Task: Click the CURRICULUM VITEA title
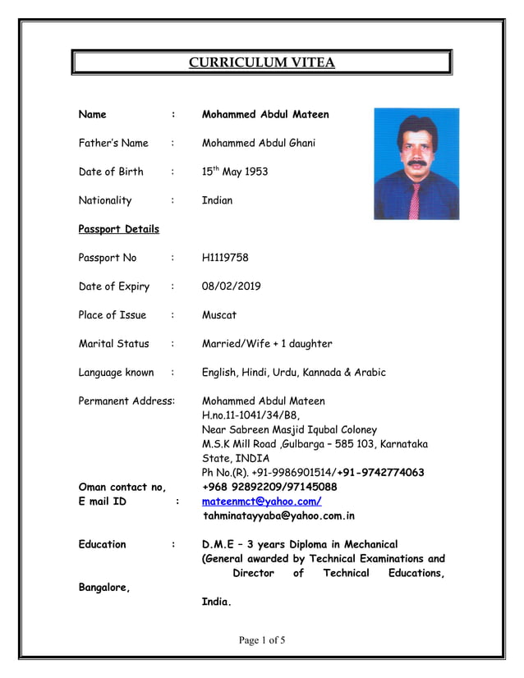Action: click(261, 62)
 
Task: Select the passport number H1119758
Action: click(225, 258)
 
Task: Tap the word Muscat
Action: click(219, 315)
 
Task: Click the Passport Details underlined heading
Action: click(118, 229)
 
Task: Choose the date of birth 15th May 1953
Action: click(235, 172)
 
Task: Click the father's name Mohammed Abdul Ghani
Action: click(259, 143)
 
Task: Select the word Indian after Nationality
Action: click(217, 200)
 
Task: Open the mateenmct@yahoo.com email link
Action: click(261, 502)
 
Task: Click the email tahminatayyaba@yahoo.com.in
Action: click(279, 516)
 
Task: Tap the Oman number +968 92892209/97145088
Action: click(269, 487)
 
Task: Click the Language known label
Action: click(116, 373)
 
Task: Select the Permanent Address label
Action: click(126, 401)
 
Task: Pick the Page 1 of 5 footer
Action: click(261, 641)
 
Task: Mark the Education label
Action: click(103, 544)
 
